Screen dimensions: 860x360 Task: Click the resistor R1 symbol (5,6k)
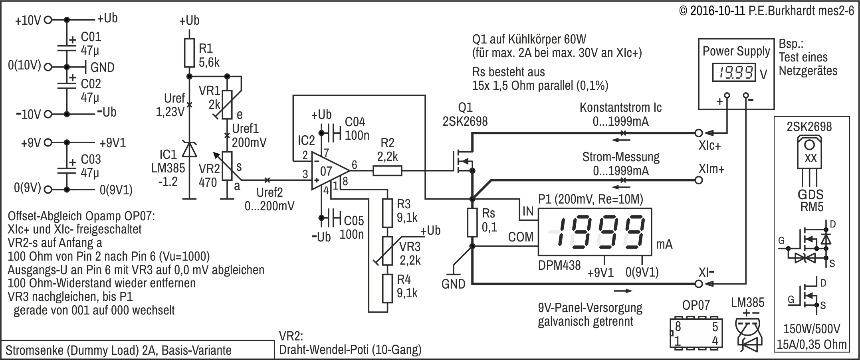coord(190,52)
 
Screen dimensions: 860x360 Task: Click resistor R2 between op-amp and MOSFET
coord(387,171)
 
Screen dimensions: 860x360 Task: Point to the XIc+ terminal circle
coord(699,133)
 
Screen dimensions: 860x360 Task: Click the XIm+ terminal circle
coord(699,180)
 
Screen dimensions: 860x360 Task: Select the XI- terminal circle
coord(699,284)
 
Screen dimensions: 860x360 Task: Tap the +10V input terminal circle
coord(48,19)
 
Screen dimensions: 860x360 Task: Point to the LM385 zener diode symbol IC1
coord(190,150)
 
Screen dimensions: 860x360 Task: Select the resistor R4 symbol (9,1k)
coord(387,288)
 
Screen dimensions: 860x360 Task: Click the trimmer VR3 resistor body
coord(387,251)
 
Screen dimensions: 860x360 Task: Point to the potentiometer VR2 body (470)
coord(227,166)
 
